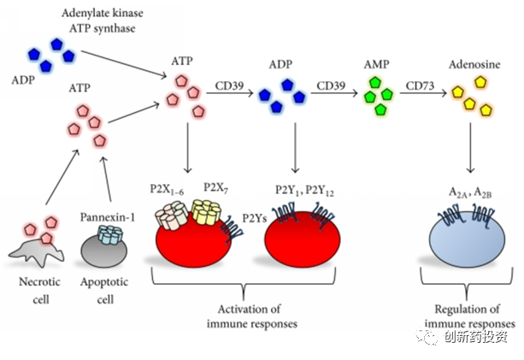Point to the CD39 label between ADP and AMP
coord(332,86)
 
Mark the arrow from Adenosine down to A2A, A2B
coord(470,150)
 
